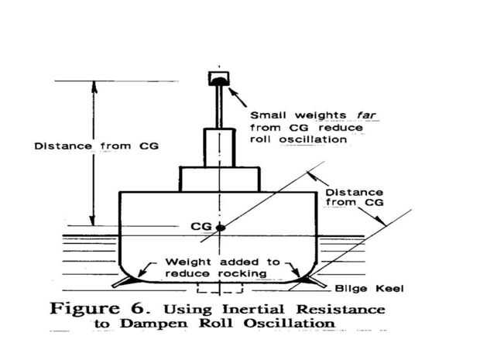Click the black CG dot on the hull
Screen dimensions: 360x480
click(x=220, y=228)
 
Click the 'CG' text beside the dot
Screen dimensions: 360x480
click(x=200, y=227)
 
